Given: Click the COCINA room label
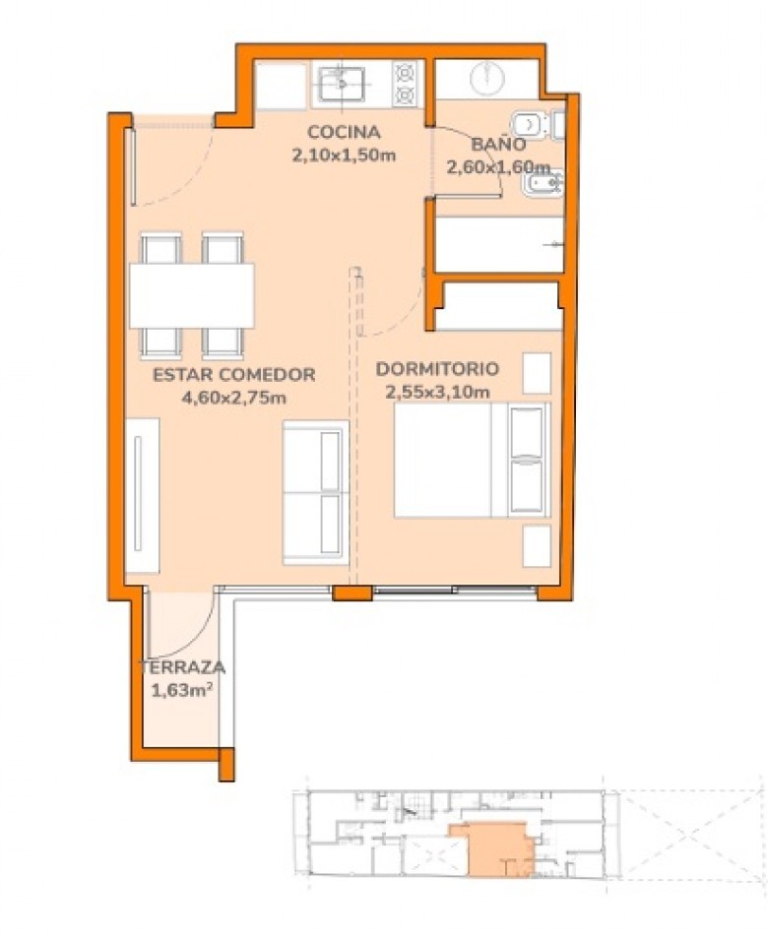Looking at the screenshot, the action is pos(343,132).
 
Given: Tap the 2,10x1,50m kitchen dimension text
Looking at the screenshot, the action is pos(344,156).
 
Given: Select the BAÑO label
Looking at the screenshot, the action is pos(498,144).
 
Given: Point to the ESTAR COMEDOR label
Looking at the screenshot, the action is pos(234,374).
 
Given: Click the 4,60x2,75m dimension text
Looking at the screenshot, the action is pos(234,398).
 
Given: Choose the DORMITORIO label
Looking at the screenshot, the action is pos(437,368).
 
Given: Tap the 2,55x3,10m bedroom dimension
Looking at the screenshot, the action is pos(437,392).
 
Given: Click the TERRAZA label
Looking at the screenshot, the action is pos(182,667).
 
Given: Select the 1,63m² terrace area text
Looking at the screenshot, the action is pos(182,691).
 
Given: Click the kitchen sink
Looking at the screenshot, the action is pos(342,84).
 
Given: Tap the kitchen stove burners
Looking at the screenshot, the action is pos(406,84).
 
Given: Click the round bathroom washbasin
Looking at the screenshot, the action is pos(487,77).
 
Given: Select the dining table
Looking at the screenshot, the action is pos(192,296).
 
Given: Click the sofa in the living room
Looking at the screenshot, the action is pos(316,492).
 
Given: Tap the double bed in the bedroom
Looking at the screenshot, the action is pos(472,460).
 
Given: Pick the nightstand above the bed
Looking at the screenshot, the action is pos(537,373).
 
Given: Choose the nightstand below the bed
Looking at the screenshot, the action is pos(537,545).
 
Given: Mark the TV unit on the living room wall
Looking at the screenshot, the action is pos(143,495).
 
